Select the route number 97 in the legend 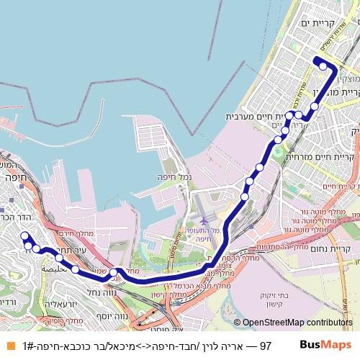click(x=265, y=346)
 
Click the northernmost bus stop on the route click(x=324, y=66)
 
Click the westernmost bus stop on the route click(x=24, y=235)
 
